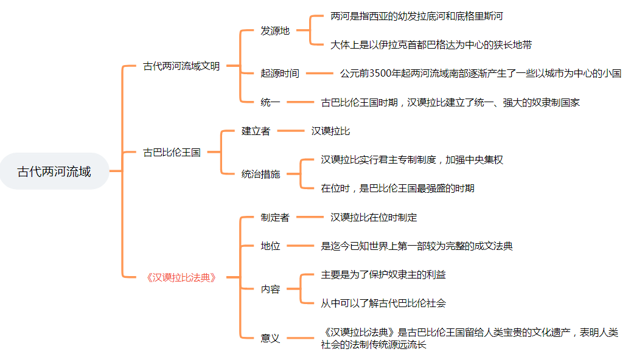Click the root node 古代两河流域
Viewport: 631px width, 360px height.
click(x=54, y=171)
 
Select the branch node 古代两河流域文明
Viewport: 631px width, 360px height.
click(x=181, y=66)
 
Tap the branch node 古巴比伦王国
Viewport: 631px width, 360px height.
click(x=172, y=153)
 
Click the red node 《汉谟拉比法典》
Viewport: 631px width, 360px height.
click(x=181, y=277)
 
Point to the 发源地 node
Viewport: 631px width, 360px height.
click(x=275, y=31)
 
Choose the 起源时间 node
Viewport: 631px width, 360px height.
click(x=280, y=74)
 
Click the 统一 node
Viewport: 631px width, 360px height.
click(x=270, y=102)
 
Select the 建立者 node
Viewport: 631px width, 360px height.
click(x=256, y=131)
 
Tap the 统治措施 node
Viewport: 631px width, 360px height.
click(x=260, y=174)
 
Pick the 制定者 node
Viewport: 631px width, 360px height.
click(x=275, y=217)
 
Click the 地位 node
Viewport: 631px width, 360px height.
click(x=270, y=246)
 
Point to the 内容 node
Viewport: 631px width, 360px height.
click(x=270, y=289)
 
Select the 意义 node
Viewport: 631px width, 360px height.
click(x=270, y=338)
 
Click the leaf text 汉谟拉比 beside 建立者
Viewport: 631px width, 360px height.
click(x=330, y=131)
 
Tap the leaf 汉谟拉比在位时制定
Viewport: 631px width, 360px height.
click(x=374, y=217)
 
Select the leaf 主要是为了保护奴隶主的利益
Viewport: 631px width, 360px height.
click(x=383, y=275)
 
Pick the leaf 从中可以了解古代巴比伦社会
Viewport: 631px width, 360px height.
click(x=383, y=303)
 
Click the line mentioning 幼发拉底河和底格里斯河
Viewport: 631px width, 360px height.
click(x=417, y=16)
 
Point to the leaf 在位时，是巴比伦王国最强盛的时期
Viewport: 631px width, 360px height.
click(x=397, y=188)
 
